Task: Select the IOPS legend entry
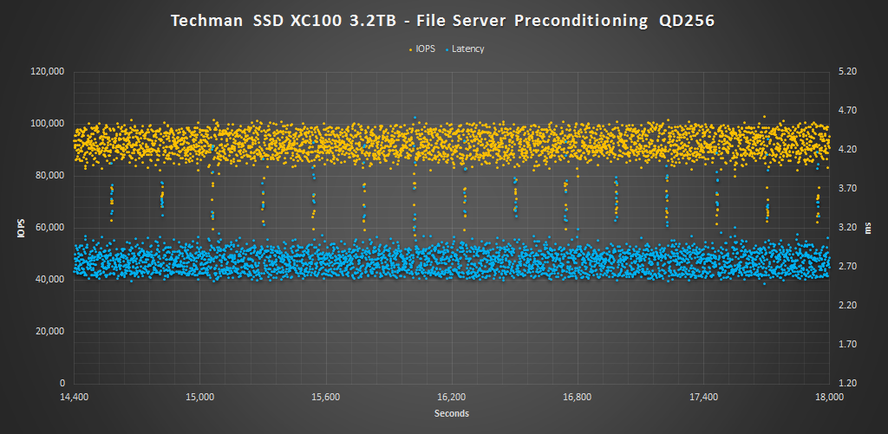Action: click(425, 49)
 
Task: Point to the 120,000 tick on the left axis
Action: click(48, 72)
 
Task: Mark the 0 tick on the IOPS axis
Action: click(62, 384)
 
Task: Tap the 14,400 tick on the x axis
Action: click(75, 398)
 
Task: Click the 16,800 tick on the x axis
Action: click(578, 398)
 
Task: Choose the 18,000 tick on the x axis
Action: click(830, 398)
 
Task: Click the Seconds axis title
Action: click(452, 414)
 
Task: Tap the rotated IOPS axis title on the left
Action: click(20, 227)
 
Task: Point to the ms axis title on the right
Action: click(872, 227)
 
